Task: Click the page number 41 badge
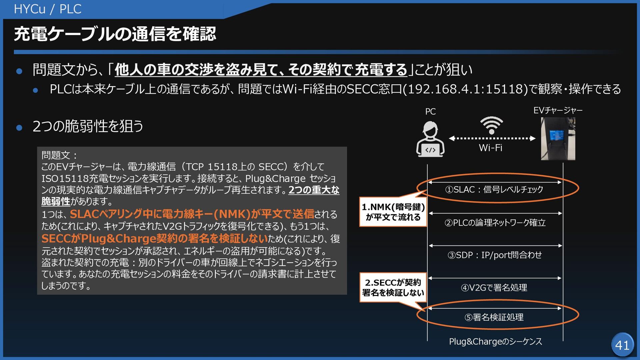pyautogui.click(x=622, y=345)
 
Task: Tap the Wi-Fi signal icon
pyautogui.click(x=491, y=125)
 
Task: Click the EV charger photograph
pyautogui.click(x=558, y=139)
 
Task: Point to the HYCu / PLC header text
pyautogui.click(x=48, y=9)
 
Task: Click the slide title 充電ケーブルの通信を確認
pyautogui.click(x=115, y=34)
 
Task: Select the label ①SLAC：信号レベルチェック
pyautogui.click(x=494, y=189)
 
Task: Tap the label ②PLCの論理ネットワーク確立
pyautogui.click(x=495, y=222)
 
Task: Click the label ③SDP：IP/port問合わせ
pyautogui.click(x=495, y=255)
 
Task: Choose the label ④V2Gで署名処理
pyautogui.click(x=494, y=287)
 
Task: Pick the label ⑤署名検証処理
pyautogui.click(x=494, y=317)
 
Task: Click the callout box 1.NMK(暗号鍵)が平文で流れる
pyautogui.click(x=393, y=212)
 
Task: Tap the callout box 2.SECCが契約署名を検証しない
pyautogui.click(x=393, y=287)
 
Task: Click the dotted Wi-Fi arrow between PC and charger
pyautogui.click(x=492, y=138)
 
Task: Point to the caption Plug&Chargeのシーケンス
pyautogui.click(x=495, y=341)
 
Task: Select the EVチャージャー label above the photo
pyautogui.click(x=558, y=110)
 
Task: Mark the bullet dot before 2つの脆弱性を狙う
pyautogui.click(x=19, y=127)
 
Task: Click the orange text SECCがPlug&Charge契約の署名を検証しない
pyautogui.click(x=155, y=239)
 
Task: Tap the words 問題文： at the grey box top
pyautogui.click(x=59, y=155)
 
